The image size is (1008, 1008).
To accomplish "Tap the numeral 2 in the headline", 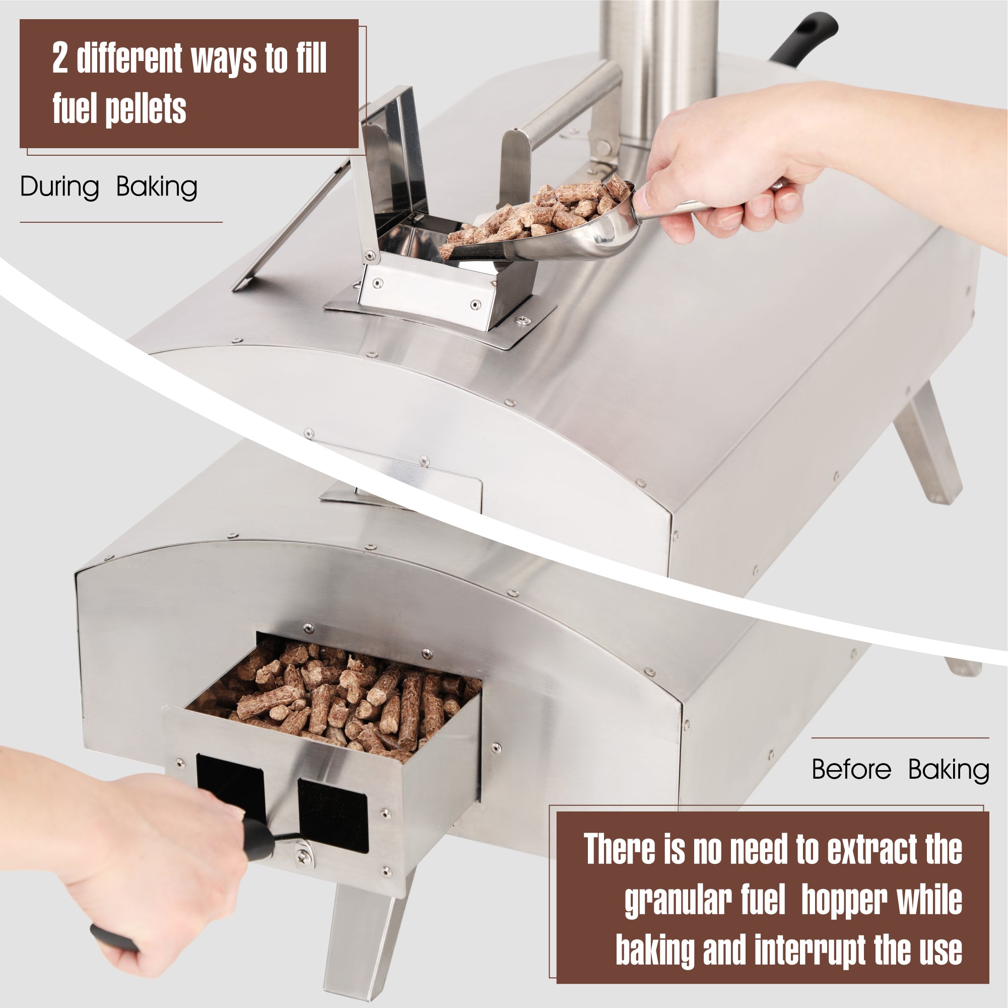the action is (x=59, y=58).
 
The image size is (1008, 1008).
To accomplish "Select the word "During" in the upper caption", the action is (x=59, y=187).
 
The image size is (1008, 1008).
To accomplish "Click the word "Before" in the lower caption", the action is (x=851, y=770).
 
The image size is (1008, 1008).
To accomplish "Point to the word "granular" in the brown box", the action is (x=705, y=900).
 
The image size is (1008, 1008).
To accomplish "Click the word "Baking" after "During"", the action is (x=157, y=187).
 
